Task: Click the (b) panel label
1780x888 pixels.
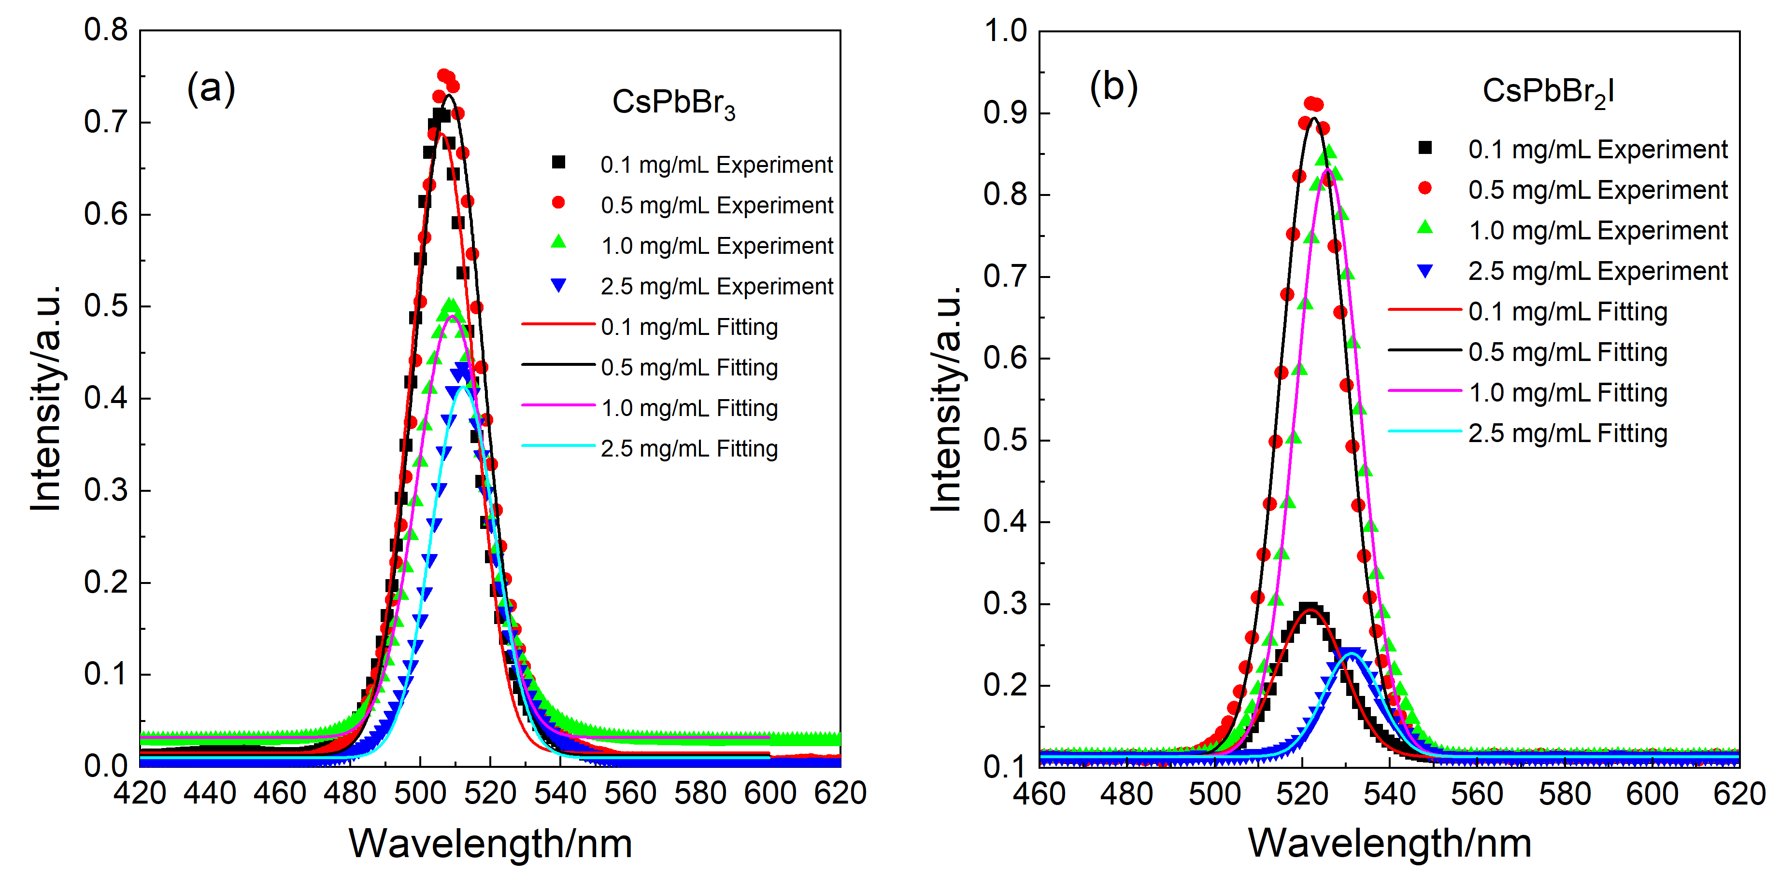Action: point(1113,88)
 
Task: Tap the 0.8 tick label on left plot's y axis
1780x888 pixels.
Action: point(106,30)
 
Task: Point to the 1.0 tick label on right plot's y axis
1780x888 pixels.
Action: point(1005,31)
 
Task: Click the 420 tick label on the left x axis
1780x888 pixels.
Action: point(140,793)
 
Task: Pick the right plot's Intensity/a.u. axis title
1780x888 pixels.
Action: point(947,399)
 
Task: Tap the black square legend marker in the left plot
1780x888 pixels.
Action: point(558,162)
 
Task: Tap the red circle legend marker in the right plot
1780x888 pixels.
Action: point(1425,188)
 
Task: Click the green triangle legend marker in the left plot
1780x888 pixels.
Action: point(558,242)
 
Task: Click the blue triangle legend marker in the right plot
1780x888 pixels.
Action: point(1425,271)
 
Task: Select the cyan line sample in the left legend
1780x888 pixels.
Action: point(558,446)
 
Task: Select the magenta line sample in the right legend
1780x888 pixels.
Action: point(1425,391)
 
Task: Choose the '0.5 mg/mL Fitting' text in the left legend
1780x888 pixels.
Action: point(689,367)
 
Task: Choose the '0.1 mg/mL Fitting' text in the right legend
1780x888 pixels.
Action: point(1567,311)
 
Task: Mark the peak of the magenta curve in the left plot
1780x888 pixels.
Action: point(453,316)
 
